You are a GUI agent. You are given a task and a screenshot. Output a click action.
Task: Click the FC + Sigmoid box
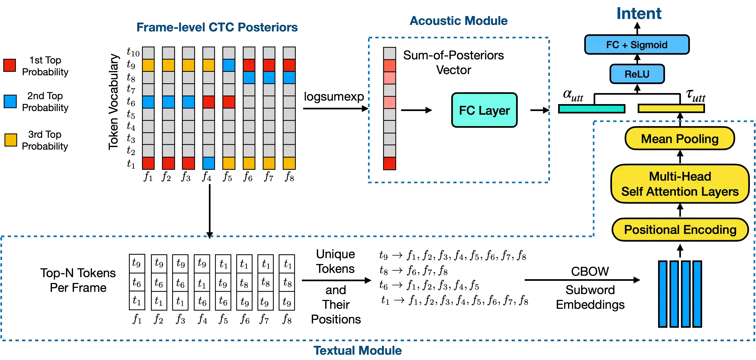point(637,45)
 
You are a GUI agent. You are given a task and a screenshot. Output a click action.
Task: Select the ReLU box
point(637,74)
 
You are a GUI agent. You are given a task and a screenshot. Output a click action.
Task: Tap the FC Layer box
point(484,110)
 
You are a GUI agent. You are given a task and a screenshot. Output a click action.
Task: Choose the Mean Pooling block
point(680,139)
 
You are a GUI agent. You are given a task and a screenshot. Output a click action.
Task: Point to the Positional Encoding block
point(680,230)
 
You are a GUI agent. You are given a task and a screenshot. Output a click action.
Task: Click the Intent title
point(639,13)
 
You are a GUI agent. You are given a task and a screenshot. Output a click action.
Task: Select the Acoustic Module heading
point(458,21)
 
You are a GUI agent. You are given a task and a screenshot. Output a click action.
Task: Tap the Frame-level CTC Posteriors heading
point(217,27)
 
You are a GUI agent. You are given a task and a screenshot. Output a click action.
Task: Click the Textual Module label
point(358,350)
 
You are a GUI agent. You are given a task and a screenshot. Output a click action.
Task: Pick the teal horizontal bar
point(592,109)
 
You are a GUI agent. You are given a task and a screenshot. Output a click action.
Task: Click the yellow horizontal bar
point(671,108)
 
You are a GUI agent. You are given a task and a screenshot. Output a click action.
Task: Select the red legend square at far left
point(10,65)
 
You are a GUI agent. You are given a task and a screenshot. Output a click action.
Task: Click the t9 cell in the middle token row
point(223,283)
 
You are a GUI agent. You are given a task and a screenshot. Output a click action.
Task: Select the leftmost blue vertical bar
point(663,294)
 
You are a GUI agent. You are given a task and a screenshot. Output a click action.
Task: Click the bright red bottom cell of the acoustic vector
point(389,163)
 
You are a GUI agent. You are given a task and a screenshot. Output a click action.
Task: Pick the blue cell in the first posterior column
point(148,102)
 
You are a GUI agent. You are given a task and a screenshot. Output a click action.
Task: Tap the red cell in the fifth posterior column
point(229,102)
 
